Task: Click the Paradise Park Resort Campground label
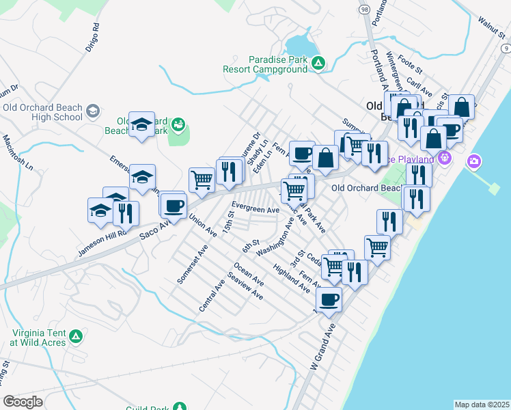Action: tap(266, 64)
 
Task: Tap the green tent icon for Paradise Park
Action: tap(318, 64)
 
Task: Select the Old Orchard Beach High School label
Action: tap(42, 112)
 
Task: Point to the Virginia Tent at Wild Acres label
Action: tap(38, 336)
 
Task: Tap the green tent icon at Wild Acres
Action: tap(76, 336)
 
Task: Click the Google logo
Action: tap(23, 402)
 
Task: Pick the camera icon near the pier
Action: tap(473, 161)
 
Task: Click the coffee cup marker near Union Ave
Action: tap(174, 204)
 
